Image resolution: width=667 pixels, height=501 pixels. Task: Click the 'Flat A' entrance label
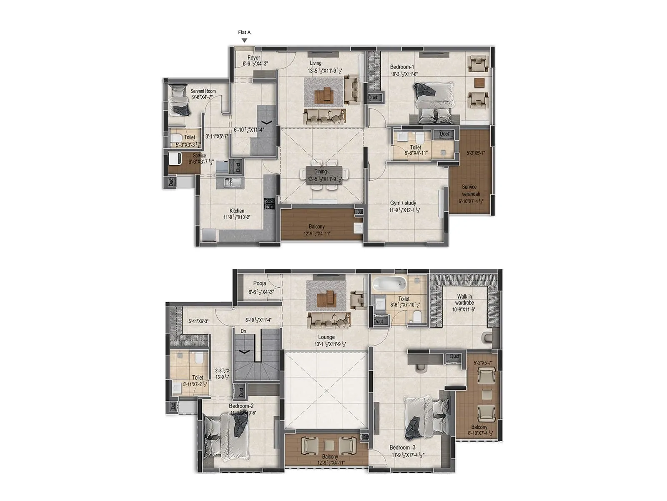[x=244, y=32]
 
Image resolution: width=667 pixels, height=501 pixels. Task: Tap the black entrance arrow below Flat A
[x=245, y=40]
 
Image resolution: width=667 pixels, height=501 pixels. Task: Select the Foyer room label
[x=254, y=58]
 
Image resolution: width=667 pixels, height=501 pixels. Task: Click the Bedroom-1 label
[x=402, y=67]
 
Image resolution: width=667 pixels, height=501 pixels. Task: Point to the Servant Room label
[x=203, y=91]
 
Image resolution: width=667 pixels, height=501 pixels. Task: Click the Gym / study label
[x=403, y=203]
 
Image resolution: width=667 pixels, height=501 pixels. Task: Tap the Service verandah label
[x=469, y=190]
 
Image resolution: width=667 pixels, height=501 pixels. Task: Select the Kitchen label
[x=237, y=211]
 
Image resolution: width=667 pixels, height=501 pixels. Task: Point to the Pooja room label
[x=259, y=283]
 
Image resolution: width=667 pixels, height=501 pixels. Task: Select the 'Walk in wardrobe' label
[x=464, y=299]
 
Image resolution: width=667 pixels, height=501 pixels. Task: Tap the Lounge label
[x=326, y=337]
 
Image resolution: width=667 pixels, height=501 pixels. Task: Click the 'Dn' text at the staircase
[x=243, y=331]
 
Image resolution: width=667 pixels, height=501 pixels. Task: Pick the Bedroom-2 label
[x=241, y=406]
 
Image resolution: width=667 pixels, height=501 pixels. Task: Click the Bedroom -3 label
[x=402, y=448]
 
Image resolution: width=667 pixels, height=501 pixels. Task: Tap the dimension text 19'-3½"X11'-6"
[x=404, y=74]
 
